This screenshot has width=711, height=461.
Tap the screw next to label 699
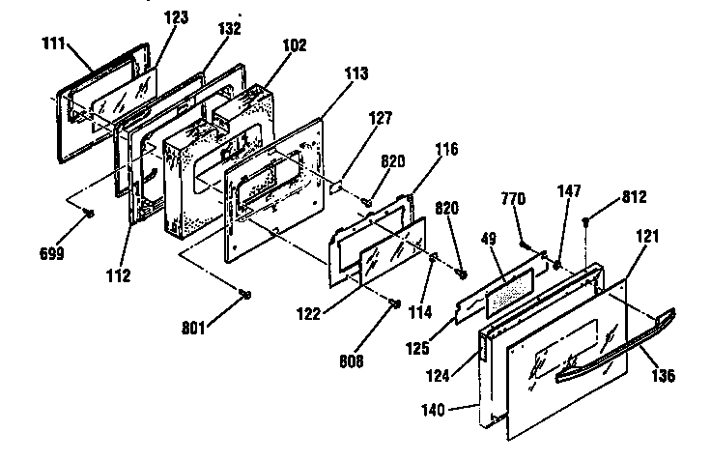tap(87, 212)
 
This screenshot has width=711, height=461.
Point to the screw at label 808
tap(396, 304)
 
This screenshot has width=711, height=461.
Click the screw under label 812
tap(586, 223)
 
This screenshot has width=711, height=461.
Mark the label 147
tap(568, 191)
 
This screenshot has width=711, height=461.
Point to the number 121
tap(644, 235)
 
